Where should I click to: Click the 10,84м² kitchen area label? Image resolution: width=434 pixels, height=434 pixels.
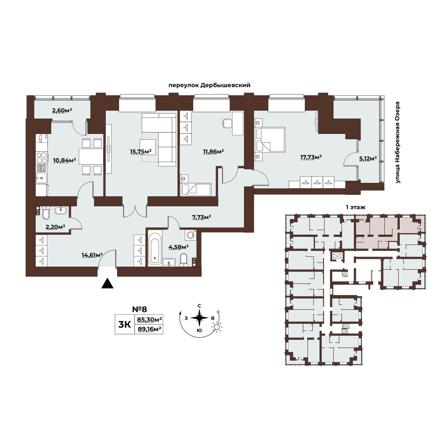(64, 160)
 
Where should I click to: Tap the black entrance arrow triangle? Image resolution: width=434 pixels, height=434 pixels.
(107, 283)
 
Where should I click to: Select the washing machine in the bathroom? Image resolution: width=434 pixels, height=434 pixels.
(191, 235)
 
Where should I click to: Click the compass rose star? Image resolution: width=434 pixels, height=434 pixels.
(199, 318)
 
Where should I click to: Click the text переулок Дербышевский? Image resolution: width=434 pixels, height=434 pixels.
(209, 86)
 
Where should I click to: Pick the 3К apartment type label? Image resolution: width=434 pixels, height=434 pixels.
(124, 324)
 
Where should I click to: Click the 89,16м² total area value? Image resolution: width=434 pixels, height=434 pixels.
(148, 329)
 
